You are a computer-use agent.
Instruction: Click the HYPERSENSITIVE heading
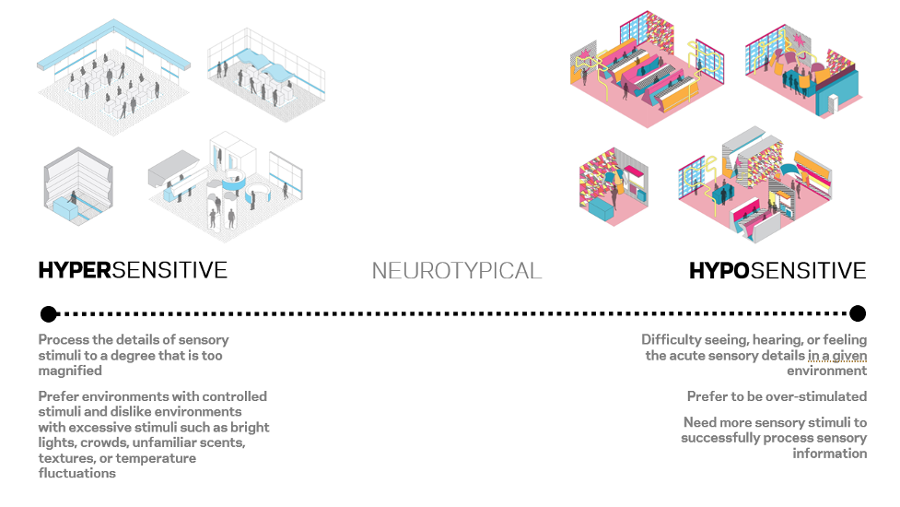(x=133, y=270)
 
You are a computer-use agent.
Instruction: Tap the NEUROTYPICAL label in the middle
(x=457, y=271)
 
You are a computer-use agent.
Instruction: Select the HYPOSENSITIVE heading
(x=777, y=271)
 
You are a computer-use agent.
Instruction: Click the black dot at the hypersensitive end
(x=49, y=313)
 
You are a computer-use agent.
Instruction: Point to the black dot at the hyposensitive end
(x=858, y=313)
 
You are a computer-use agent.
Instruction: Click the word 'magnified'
(x=70, y=371)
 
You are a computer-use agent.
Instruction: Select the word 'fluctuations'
(x=77, y=473)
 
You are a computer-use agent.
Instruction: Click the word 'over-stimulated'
(x=816, y=396)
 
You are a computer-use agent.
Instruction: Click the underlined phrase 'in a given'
(x=837, y=356)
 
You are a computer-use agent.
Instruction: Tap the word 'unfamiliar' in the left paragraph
(x=170, y=442)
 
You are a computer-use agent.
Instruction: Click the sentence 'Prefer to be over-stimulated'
(x=777, y=396)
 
